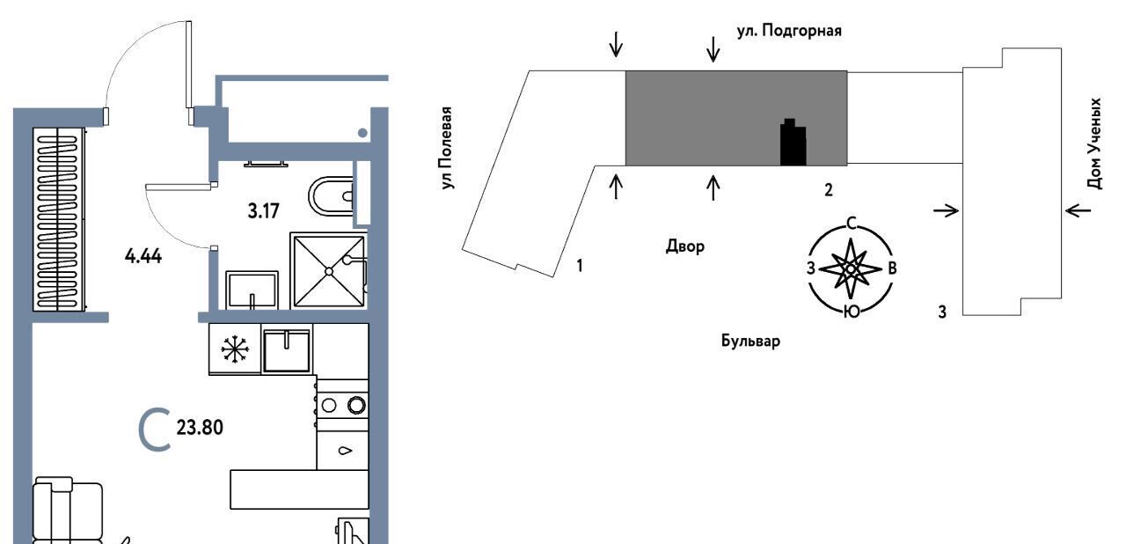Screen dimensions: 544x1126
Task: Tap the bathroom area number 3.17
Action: point(264,210)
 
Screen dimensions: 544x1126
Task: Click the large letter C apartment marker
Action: point(155,430)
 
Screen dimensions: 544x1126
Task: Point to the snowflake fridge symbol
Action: point(234,349)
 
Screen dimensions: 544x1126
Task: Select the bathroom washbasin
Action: point(252,289)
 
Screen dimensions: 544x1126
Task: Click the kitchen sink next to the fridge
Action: point(287,350)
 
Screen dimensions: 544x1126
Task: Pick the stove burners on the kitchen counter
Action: point(342,405)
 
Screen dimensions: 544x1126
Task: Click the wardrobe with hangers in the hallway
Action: point(60,218)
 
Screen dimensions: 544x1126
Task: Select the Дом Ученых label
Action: point(1094,143)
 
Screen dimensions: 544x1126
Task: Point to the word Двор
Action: point(684,246)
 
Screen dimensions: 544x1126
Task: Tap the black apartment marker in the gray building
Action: point(793,143)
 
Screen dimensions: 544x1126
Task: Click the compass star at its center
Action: point(851,268)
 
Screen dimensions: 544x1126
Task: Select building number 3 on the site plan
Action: point(942,311)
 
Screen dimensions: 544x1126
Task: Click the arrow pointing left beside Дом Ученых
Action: point(1078,210)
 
